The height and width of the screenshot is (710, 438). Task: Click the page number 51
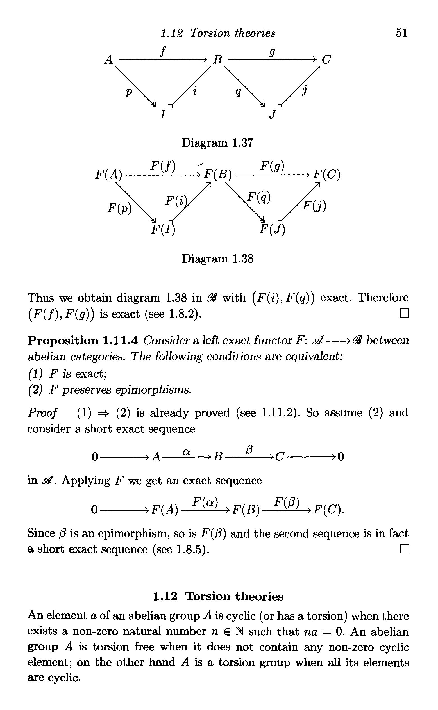[401, 33]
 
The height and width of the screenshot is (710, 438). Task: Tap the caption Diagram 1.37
[217, 143]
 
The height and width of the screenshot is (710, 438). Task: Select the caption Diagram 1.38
[217, 259]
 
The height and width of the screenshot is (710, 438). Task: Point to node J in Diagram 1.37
[272, 115]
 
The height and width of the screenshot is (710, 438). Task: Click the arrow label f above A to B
[163, 52]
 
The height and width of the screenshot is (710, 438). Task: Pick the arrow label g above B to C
[272, 53]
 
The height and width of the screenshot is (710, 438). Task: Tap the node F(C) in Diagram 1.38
[327, 175]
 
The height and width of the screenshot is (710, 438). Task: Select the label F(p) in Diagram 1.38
[119, 208]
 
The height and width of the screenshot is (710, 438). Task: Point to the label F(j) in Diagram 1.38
[314, 206]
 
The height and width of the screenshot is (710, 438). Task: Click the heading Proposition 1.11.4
[82, 340]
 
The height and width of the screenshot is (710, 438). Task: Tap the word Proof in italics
[42, 412]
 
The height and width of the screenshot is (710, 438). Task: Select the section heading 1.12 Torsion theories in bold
[218, 596]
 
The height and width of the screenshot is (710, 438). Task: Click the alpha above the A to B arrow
[187, 452]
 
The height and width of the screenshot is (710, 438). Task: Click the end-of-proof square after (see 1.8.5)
[404, 549]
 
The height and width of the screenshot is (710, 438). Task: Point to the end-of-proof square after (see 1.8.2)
[404, 314]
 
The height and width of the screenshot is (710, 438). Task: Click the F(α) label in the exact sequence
[205, 501]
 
